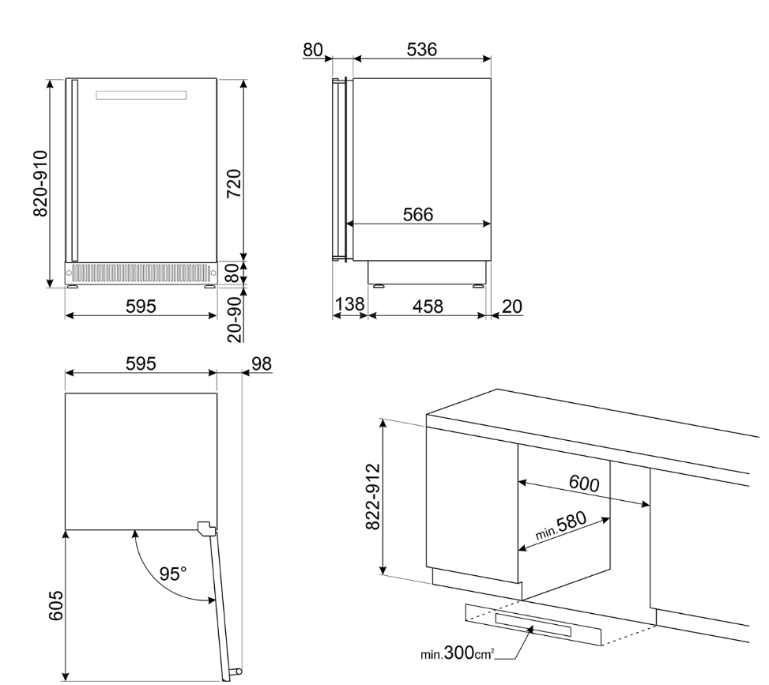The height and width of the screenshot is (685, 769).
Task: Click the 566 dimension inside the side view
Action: tap(418, 214)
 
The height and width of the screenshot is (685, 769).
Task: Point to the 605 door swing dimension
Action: tap(53, 604)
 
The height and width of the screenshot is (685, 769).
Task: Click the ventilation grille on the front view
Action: tap(141, 273)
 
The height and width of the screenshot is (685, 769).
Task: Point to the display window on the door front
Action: tap(141, 96)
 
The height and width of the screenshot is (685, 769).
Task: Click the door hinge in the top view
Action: tap(205, 528)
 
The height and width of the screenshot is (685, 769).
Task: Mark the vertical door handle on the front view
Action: tap(74, 170)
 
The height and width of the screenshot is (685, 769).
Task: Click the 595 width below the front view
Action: tap(140, 305)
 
